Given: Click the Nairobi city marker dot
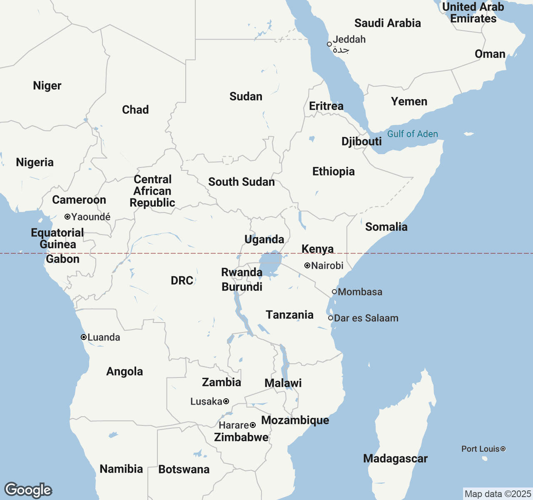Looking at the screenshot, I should click(x=307, y=265).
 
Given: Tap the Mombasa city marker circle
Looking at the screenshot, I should click(x=334, y=292).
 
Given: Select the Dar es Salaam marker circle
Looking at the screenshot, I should click(x=331, y=318).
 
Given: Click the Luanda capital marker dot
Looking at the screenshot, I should click(x=84, y=337).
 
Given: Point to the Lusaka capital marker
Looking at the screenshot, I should click(x=226, y=401).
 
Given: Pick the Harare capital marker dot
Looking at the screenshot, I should click(x=253, y=425).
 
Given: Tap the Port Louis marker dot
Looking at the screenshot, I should click(x=503, y=449).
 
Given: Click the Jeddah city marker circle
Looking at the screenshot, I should click(x=329, y=44).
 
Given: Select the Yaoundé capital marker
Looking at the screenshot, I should click(x=67, y=217).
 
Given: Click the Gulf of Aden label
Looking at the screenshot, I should click(x=412, y=134).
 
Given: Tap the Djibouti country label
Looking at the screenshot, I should click(x=361, y=141).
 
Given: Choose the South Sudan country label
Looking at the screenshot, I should click(x=242, y=182).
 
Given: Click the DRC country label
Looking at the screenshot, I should click(x=182, y=280).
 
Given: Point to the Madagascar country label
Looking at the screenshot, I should click(x=395, y=458).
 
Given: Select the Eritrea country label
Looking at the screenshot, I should click(x=326, y=106).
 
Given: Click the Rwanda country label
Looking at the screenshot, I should click(x=242, y=272).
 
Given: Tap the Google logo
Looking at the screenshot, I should click(x=28, y=490).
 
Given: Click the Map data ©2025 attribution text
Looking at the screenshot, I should click(x=498, y=494).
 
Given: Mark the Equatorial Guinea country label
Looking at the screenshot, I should click(x=57, y=238).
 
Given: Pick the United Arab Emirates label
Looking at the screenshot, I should click(x=473, y=12).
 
